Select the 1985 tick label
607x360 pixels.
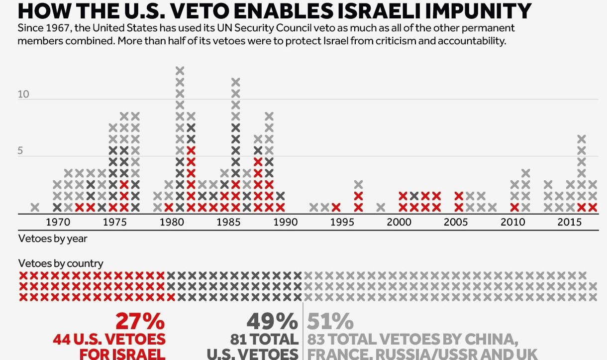(x=228, y=222)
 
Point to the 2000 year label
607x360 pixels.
(x=399, y=222)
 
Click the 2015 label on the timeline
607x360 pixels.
(x=569, y=222)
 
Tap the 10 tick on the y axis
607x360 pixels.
(x=23, y=95)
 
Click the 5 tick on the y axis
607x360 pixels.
(x=20, y=151)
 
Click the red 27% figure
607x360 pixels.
(x=140, y=322)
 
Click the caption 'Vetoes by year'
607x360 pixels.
(x=53, y=239)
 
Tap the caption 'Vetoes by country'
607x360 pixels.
(x=61, y=263)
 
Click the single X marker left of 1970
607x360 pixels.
(x=35, y=207)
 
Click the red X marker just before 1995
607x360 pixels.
(x=336, y=207)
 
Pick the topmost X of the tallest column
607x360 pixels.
(x=180, y=70)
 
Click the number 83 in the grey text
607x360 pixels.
(x=318, y=340)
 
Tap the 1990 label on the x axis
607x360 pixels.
(x=285, y=222)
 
